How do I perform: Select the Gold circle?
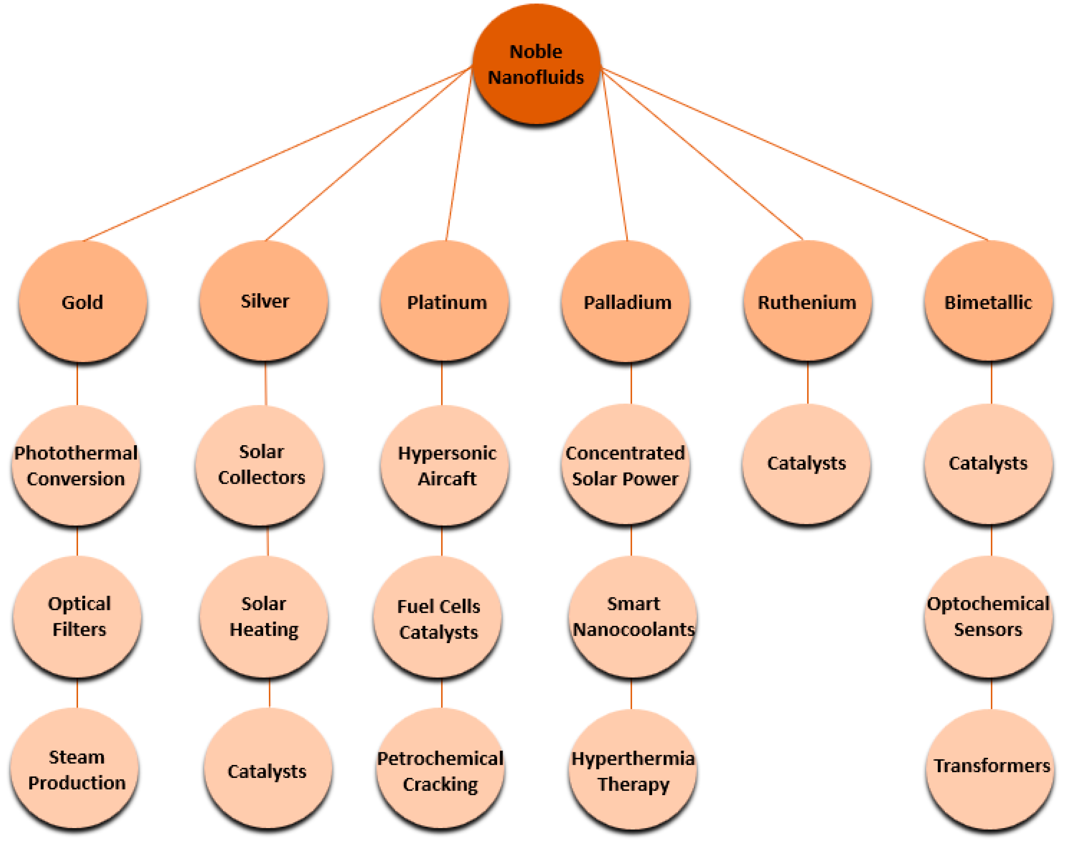click(82, 302)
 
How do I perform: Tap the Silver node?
click(264, 301)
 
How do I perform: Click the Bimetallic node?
click(988, 302)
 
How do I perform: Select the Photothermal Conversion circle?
click(76, 466)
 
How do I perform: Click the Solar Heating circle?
click(264, 616)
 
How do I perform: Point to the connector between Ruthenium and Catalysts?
click(808, 383)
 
